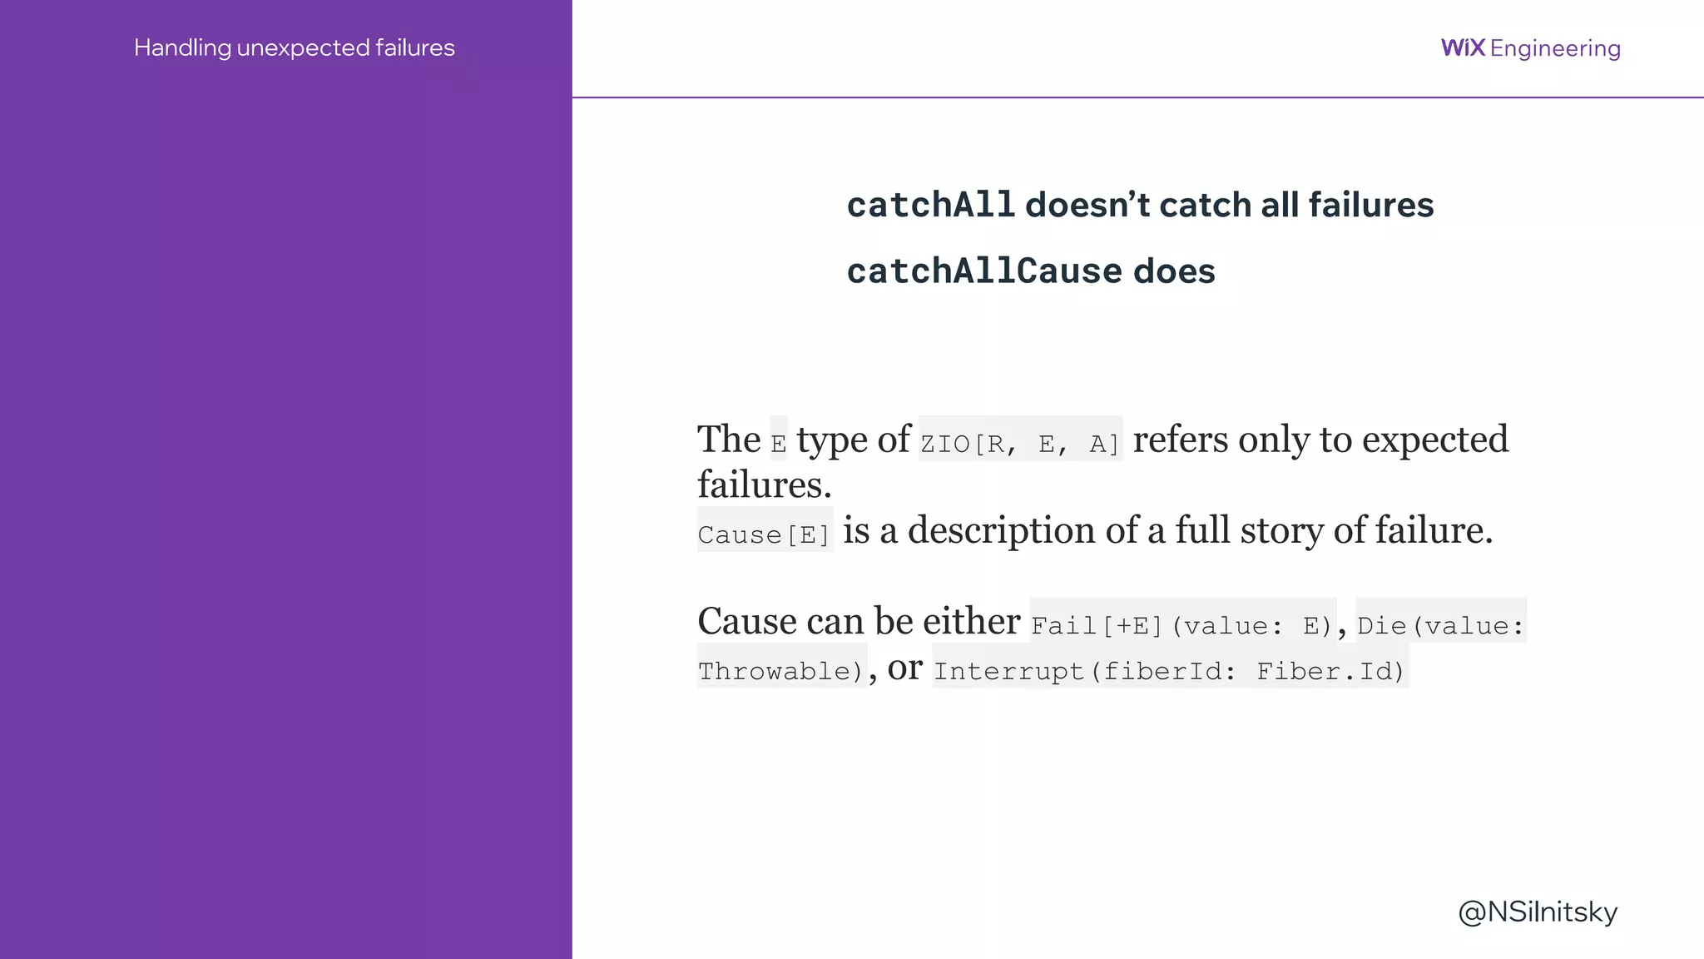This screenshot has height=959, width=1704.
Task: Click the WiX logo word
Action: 1462,47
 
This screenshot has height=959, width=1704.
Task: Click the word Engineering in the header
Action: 1555,48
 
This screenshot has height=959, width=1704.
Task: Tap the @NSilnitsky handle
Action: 1538,912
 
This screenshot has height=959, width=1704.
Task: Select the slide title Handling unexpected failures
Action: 294,47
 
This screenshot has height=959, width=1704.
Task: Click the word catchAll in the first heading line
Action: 930,205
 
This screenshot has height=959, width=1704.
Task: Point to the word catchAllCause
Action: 984,271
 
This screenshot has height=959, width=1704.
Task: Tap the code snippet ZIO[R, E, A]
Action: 1020,443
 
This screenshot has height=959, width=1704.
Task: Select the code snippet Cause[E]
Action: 765,534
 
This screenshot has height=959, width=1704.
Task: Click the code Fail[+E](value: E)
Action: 1182,625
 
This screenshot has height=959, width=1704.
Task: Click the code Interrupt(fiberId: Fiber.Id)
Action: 1169,670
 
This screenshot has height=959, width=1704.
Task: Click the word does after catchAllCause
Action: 1174,271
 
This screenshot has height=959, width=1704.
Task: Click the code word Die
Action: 1382,625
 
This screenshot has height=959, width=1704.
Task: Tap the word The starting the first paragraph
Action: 729,440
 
